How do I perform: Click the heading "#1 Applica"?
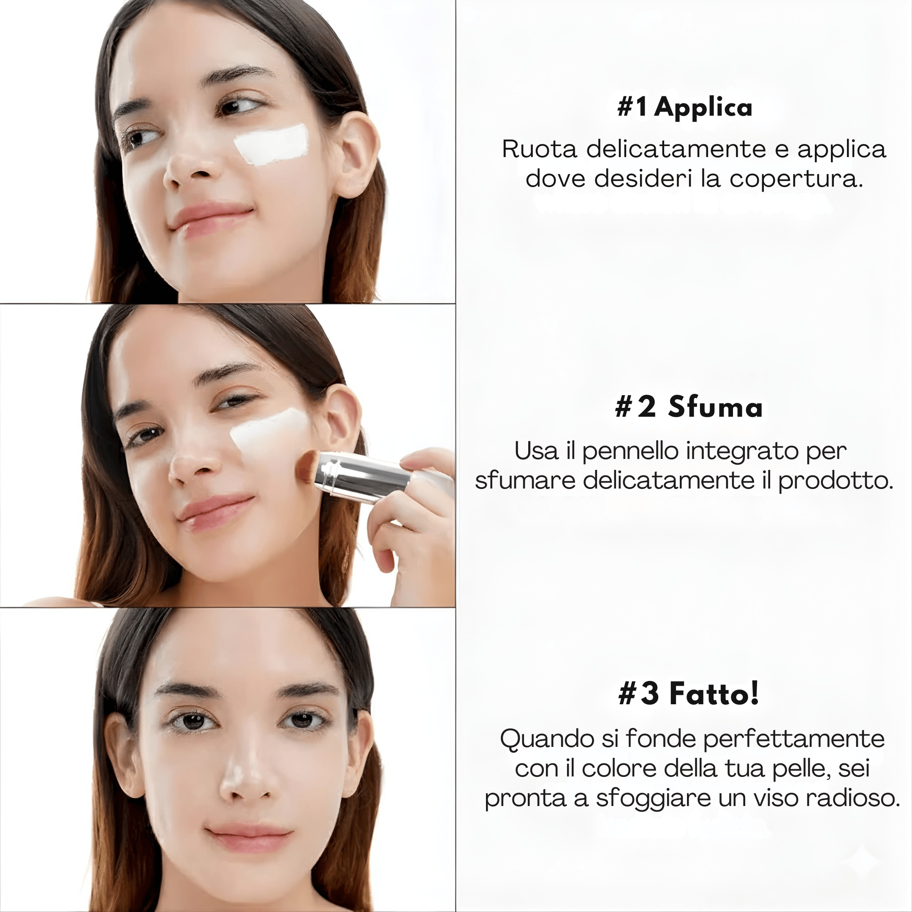(684, 107)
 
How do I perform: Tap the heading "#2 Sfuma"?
(689, 407)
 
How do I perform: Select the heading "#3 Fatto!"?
(689, 693)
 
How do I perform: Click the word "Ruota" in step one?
(539, 149)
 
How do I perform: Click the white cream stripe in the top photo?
(271, 144)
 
